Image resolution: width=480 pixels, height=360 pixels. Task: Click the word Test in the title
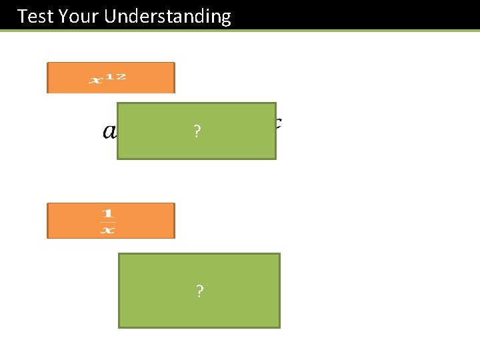(35, 16)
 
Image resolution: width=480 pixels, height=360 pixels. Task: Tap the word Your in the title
(78, 16)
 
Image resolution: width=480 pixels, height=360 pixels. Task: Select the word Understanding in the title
(167, 17)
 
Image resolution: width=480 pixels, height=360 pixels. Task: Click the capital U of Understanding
(110, 16)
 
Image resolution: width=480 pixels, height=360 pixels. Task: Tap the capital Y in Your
(64, 16)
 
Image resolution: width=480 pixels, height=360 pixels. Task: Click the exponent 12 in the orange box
(116, 76)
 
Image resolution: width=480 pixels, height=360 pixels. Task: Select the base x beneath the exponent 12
(96, 81)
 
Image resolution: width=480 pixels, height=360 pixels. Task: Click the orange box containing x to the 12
(111, 78)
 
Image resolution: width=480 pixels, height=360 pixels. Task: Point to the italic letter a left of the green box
(109, 131)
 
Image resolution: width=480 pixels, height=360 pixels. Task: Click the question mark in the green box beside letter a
(196, 131)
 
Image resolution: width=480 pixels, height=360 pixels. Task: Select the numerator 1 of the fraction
(107, 213)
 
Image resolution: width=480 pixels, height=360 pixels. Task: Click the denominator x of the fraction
(107, 230)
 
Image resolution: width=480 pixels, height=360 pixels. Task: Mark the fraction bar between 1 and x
(107, 222)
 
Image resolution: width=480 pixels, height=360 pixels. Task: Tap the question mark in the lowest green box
(199, 291)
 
